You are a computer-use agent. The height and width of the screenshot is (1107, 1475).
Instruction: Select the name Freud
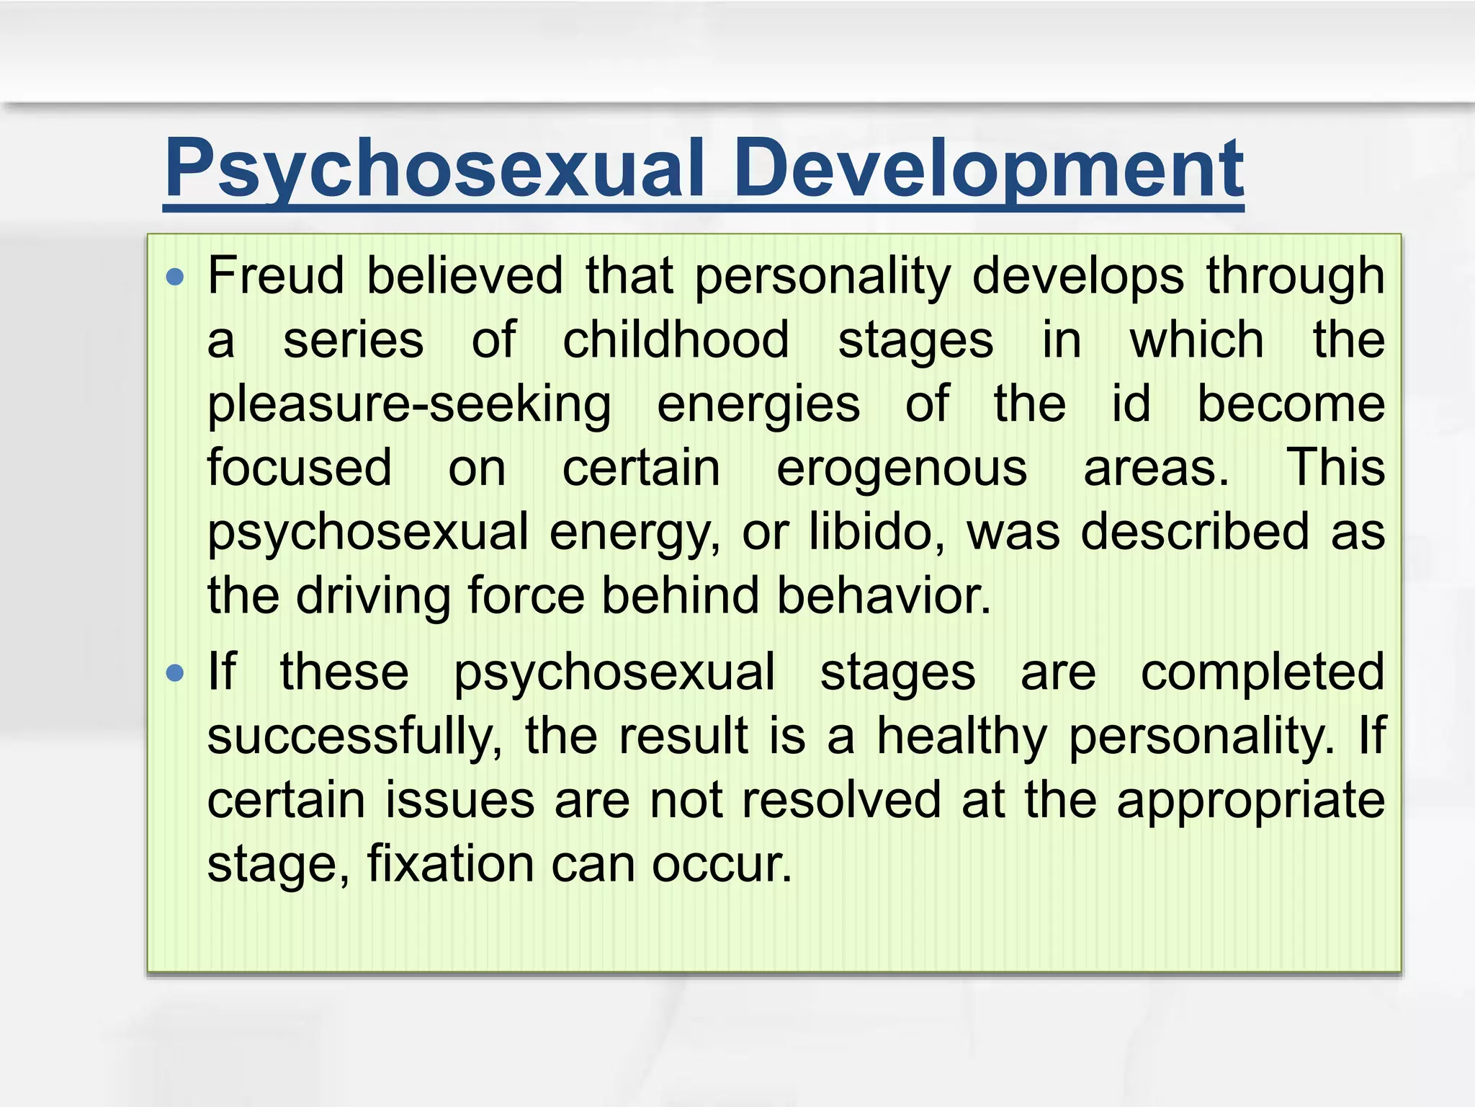tap(276, 276)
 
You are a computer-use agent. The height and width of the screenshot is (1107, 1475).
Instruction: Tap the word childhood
tap(676, 339)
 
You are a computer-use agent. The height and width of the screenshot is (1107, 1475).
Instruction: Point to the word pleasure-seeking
tap(409, 404)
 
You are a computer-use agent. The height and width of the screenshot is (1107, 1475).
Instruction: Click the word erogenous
tap(902, 468)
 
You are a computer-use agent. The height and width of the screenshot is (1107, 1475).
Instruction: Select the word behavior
tap(884, 596)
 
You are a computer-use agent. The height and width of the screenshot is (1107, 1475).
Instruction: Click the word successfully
tap(354, 736)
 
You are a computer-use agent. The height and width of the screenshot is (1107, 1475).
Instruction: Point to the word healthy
tap(961, 736)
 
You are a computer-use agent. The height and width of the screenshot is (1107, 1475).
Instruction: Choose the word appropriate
tap(1250, 800)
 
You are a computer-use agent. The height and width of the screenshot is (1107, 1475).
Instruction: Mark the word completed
tap(1263, 672)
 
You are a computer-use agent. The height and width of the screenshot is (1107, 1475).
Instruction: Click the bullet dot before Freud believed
tap(175, 277)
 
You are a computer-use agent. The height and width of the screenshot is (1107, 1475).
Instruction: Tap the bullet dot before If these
tap(175, 673)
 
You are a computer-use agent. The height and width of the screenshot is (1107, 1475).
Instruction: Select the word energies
tap(758, 404)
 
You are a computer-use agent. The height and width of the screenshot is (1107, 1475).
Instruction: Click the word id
tap(1131, 404)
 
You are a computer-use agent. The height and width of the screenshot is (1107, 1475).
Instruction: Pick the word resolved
tap(841, 800)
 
